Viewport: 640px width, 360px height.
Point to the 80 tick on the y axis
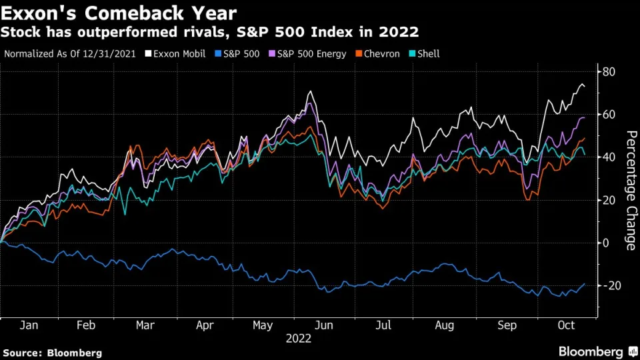[x=609, y=72]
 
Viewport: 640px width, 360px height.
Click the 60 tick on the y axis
[x=609, y=115]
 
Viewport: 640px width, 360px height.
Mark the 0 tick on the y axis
[x=606, y=243]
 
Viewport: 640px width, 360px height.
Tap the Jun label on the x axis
[x=325, y=326]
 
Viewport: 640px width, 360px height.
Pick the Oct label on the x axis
[x=566, y=326]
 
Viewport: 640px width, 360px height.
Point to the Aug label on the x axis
[x=445, y=326]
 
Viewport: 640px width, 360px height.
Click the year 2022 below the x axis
[x=299, y=339]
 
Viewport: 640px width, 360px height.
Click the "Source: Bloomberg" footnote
[x=53, y=352]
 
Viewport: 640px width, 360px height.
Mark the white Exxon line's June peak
[x=310, y=92]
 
